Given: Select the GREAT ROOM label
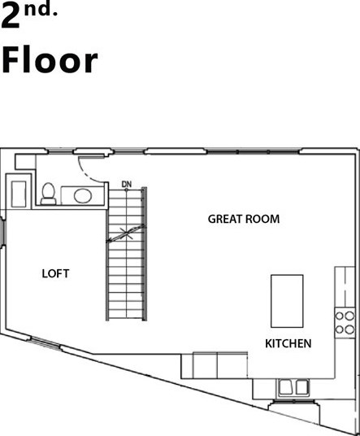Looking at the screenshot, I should point(244,219).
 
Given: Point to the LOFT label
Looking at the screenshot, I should point(55,274).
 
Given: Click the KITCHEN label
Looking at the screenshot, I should point(288,344).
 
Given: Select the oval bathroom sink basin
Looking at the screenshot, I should point(82,195).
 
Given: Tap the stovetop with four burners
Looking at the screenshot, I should point(345,323).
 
